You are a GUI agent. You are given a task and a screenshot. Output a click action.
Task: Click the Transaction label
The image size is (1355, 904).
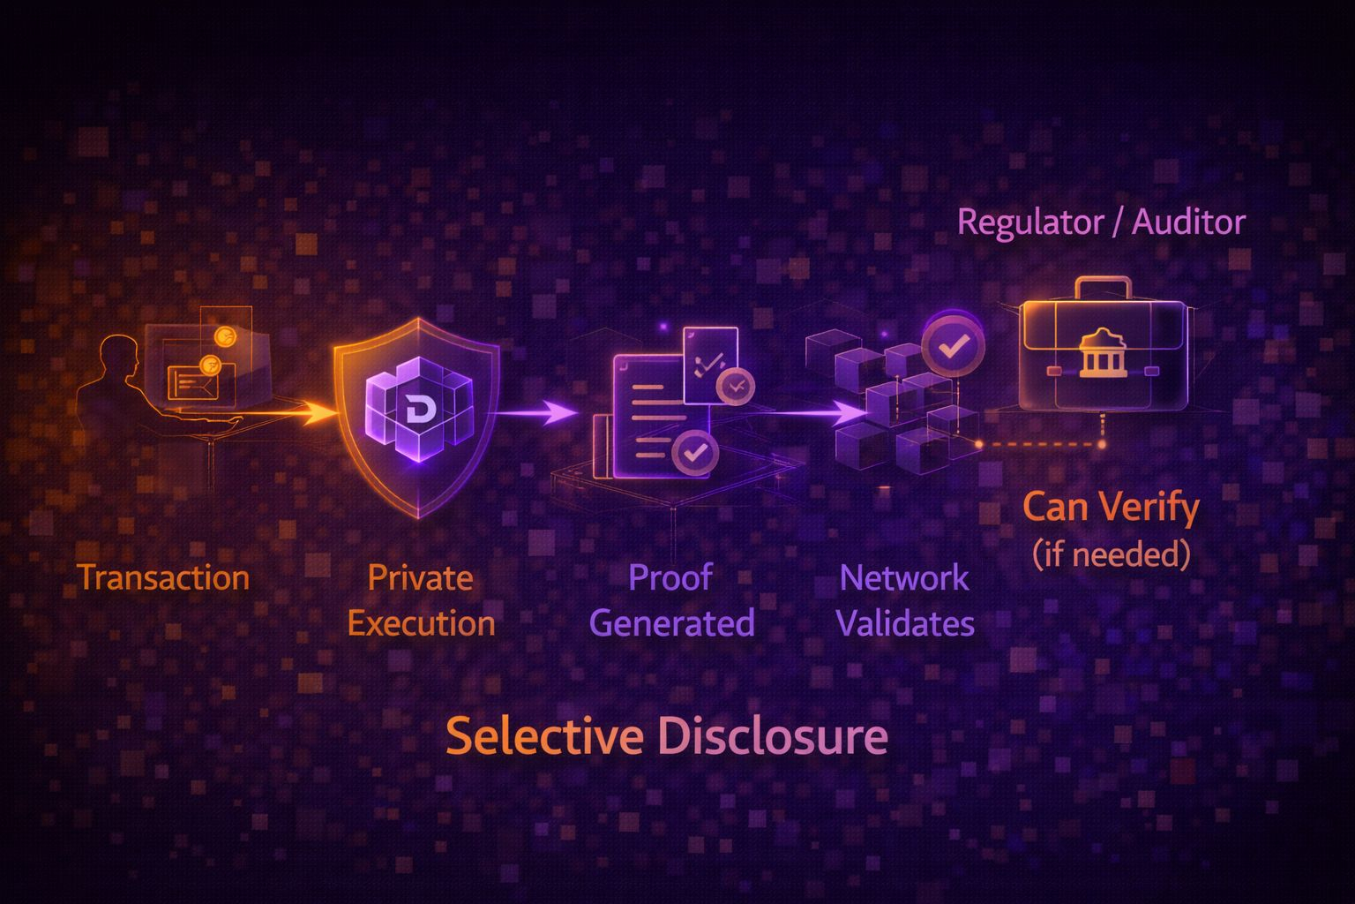point(163,578)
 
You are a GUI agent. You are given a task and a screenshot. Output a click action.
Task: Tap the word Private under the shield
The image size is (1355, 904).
point(420,578)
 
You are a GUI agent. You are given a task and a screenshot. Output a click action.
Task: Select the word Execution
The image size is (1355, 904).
point(421,624)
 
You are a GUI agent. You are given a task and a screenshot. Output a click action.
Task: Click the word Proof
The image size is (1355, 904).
point(670,578)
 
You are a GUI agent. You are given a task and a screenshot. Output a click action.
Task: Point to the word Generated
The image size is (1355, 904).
point(671,624)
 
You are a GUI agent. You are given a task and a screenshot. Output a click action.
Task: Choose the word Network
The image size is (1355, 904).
point(904,578)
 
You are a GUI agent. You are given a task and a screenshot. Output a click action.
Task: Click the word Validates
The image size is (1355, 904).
point(904,624)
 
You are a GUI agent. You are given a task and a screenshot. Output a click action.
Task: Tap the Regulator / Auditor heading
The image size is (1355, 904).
point(1101,222)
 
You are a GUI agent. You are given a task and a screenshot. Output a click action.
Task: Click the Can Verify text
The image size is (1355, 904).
point(1111,508)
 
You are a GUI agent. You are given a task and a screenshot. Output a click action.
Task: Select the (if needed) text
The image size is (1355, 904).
point(1111,554)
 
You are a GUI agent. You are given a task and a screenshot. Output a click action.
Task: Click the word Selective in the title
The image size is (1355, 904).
point(543,736)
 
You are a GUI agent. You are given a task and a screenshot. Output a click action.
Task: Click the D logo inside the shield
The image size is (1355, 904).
point(417,409)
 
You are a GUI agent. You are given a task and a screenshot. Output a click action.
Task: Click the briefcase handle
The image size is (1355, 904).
point(1103,287)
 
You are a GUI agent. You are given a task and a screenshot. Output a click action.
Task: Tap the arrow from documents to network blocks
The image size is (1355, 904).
point(820,412)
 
